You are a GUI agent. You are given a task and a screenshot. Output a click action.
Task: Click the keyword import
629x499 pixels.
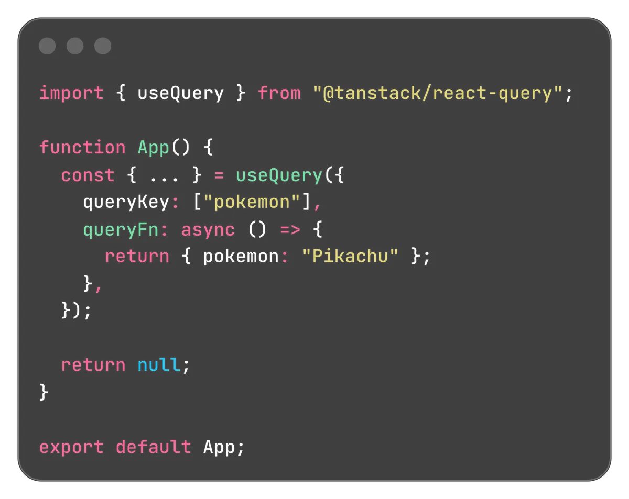pos(71,93)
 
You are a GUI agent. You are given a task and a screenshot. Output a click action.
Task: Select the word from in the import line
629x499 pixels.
pos(279,93)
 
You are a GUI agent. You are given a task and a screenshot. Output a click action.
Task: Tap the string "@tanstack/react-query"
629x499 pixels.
pos(437,93)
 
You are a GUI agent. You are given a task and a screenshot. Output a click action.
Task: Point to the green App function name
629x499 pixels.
pos(154,148)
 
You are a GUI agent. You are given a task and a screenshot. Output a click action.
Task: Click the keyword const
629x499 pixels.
pos(88,175)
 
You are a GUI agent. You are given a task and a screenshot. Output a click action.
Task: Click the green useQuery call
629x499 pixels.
pos(279,176)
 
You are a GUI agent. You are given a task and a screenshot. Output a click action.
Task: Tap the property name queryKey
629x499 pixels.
pos(126,202)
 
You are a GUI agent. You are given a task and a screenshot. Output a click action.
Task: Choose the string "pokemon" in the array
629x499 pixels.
pos(252,202)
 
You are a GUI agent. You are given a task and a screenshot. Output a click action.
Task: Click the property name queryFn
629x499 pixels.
pos(121,230)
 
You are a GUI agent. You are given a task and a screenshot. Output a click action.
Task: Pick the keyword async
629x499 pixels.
pos(208,230)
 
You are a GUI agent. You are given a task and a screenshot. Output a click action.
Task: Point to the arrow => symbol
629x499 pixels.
pos(290,230)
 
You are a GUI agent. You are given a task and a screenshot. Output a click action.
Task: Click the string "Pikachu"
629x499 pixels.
pos(350,256)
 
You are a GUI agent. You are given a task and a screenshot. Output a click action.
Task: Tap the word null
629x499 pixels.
pos(159,365)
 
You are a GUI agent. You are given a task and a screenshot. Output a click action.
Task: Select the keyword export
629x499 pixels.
pos(71,448)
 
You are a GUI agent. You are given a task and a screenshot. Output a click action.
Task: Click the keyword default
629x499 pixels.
pos(154,447)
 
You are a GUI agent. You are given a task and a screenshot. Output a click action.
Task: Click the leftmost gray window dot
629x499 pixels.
pos(47,46)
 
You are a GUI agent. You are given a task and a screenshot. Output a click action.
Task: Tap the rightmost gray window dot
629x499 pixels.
pos(103,46)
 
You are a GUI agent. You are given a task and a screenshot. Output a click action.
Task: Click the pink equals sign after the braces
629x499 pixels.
pos(219,175)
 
